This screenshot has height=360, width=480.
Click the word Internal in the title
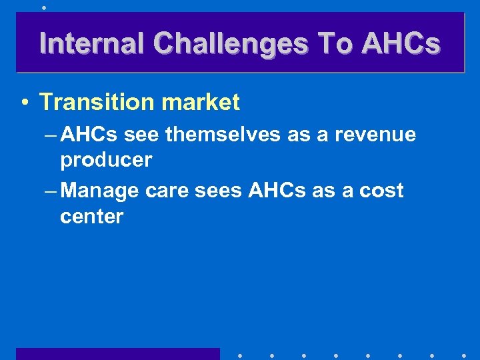pyautogui.click(x=92, y=43)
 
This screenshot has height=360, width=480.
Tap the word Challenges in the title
pyautogui.click(x=231, y=43)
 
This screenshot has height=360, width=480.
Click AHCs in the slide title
pyautogui.click(x=400, y=43)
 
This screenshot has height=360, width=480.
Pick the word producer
pyautogui.click(x=106, y=161)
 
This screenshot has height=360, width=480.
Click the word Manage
pyautogui.click(x=103, y=191)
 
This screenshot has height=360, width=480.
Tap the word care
pyautogui.click(x=167, y=191)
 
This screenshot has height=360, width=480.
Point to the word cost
pyautogui.click(x=381, y=191)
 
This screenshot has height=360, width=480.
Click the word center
pyautogui.click(x=91, y=217)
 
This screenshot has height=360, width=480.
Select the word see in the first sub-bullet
pyautogui.click(x=141, y=135)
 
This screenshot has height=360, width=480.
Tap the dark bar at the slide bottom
pyautogui.click(x=117, y=353)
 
